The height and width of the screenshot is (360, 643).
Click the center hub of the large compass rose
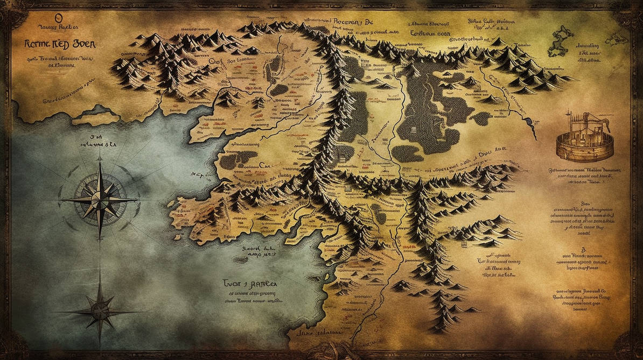[x=100, y=199]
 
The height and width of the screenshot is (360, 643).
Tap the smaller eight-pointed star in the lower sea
[x=100, y=310]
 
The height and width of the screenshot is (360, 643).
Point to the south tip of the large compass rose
[x=100, y=237]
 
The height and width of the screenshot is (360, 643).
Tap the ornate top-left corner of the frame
[x=12, y=12]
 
